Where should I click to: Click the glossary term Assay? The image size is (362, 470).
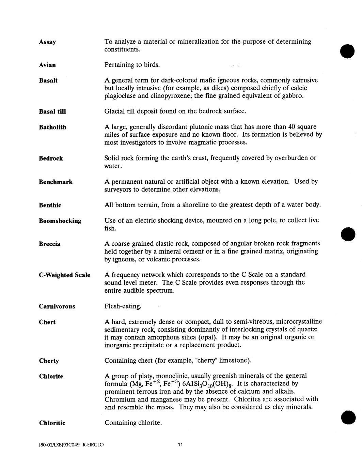tap(47, 42)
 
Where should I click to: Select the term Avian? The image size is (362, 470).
tap(47, 65)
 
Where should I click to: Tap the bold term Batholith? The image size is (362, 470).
tap(52, 127)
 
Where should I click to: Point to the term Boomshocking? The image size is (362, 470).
tap(60, 221)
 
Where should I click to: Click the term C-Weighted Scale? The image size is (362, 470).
tap(64, 275)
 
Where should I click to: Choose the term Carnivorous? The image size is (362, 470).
tap(57, 306)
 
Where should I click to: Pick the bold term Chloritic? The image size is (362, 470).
tap(52, 423)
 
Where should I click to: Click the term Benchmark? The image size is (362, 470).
tap(56, 182)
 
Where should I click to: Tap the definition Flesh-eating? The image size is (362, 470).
tap(123, 306)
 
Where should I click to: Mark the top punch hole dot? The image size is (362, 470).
tap(347, 51)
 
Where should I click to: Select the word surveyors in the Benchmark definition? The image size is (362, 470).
tap(118, 189)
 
